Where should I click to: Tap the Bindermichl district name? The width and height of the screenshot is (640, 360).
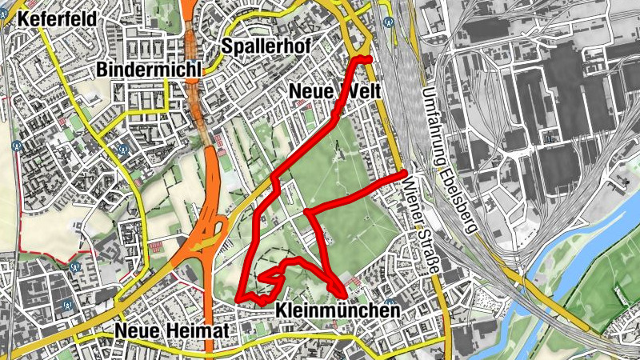coord(149,70)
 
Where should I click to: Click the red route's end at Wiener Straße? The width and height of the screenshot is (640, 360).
coord(405,173)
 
